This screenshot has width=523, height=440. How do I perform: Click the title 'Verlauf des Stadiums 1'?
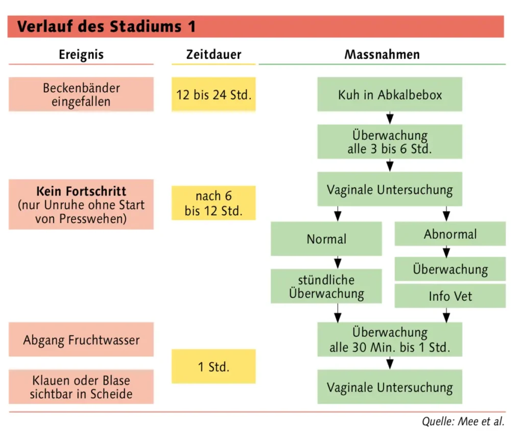[x=106, y=26]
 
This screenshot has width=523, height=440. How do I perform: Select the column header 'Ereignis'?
[x=81, y=54]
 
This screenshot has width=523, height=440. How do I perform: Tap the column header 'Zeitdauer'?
[x=213, y=54]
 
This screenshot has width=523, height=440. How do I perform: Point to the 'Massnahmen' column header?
[x=382, y=54]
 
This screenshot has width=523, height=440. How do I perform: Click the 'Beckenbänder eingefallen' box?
[x=81, y=94]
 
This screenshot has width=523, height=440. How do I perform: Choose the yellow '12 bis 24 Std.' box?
[x=213, y=94]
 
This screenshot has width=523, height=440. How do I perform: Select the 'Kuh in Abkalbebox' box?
[x=390, y=94]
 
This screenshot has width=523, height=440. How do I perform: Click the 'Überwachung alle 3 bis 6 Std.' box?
[x=390, y=142]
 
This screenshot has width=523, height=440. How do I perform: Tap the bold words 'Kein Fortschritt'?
[x=81, y=192]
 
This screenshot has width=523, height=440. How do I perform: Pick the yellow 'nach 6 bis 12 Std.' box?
[x=213, y=203]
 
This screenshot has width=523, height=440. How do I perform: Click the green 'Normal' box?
[x=326, y=239]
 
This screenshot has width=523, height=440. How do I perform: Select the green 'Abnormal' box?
[x=450, y=234]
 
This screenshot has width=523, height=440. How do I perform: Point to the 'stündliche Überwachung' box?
[x=326, y=286]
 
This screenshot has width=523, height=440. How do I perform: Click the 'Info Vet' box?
[x=450, y=296]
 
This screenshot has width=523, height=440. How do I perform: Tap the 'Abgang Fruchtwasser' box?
[x=81, y=339]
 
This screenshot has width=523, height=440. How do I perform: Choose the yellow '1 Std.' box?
[x=213, y=366]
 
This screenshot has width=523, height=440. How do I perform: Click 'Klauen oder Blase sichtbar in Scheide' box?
[x=81, y=387]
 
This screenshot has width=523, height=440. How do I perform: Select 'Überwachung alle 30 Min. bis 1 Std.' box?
[x=390, y=339]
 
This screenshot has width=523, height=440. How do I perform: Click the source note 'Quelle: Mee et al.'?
[x=463, y=422]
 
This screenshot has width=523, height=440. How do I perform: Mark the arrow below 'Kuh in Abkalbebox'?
[x=390, y=118]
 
